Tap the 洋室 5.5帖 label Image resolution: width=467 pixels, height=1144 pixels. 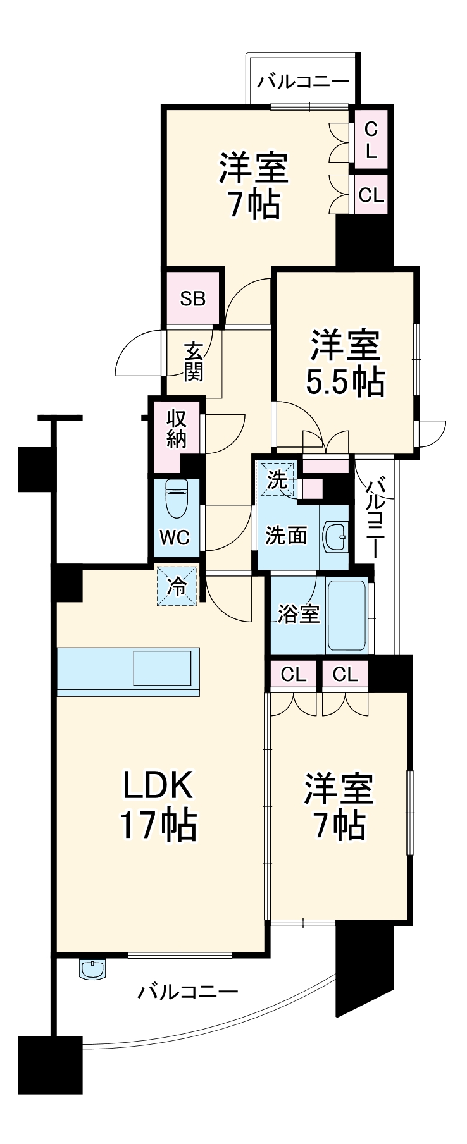point(345,363)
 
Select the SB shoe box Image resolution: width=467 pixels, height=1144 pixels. point(193,298)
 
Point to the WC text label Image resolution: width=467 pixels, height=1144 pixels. point(175,538)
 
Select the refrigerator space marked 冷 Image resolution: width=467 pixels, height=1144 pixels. point(177,586)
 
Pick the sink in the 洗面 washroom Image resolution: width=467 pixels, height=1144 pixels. point(335,538)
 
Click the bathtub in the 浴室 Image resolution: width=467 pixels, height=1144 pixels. point(347,613)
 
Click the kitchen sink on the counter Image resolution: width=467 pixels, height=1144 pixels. point(163,668)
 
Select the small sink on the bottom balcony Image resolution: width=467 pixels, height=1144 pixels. point(92,968)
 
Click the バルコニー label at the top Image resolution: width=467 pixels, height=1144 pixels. point(303,82)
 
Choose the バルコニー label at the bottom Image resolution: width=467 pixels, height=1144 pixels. point(188,991)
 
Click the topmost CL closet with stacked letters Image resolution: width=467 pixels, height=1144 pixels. point(371,140)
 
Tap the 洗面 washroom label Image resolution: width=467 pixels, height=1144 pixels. point(286,536)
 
